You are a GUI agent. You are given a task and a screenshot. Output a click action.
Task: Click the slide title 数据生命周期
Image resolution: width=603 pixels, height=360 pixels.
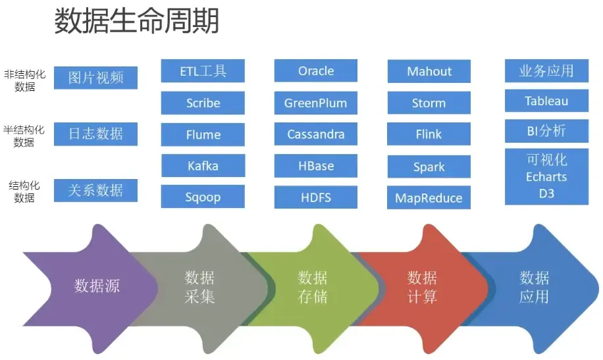pos(136,21)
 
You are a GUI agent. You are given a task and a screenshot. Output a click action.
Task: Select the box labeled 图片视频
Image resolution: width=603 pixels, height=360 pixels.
pos(96,78)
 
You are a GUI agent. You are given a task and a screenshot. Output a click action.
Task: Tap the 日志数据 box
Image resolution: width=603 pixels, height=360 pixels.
pos(96,134)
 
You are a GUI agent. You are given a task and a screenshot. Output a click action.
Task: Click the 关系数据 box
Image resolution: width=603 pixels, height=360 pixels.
pos(96,190)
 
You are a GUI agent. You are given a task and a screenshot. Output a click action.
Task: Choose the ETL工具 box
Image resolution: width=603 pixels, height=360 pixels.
pos(203,71)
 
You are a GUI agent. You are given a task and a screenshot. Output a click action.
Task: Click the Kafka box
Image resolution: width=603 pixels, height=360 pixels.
pos(203,166)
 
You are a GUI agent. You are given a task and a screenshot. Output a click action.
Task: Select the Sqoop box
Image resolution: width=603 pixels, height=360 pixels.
pos(203,197)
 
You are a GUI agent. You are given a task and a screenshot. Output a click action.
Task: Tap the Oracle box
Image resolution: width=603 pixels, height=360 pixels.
pos(316,71)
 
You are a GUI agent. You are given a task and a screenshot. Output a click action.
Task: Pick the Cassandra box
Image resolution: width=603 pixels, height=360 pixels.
pos(316,134)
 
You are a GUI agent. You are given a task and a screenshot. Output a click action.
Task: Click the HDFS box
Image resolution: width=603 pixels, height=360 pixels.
pos(316,197)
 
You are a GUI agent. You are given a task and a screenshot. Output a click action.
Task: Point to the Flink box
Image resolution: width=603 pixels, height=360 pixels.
pos(429,134)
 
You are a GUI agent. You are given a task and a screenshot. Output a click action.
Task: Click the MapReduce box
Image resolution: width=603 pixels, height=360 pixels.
pos(429,198)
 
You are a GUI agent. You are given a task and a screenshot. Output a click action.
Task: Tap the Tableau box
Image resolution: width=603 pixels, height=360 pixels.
pos(546,101)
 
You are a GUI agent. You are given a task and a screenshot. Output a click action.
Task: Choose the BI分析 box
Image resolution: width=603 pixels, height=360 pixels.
pos(546,131)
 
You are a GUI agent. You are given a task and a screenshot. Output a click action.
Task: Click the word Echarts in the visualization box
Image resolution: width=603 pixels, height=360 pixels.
pos(546,177)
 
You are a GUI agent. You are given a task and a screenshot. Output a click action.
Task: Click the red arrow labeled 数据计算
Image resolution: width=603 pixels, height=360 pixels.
pos(422,287)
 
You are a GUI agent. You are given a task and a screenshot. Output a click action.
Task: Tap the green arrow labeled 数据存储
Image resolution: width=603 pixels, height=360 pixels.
pos(312,287)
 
